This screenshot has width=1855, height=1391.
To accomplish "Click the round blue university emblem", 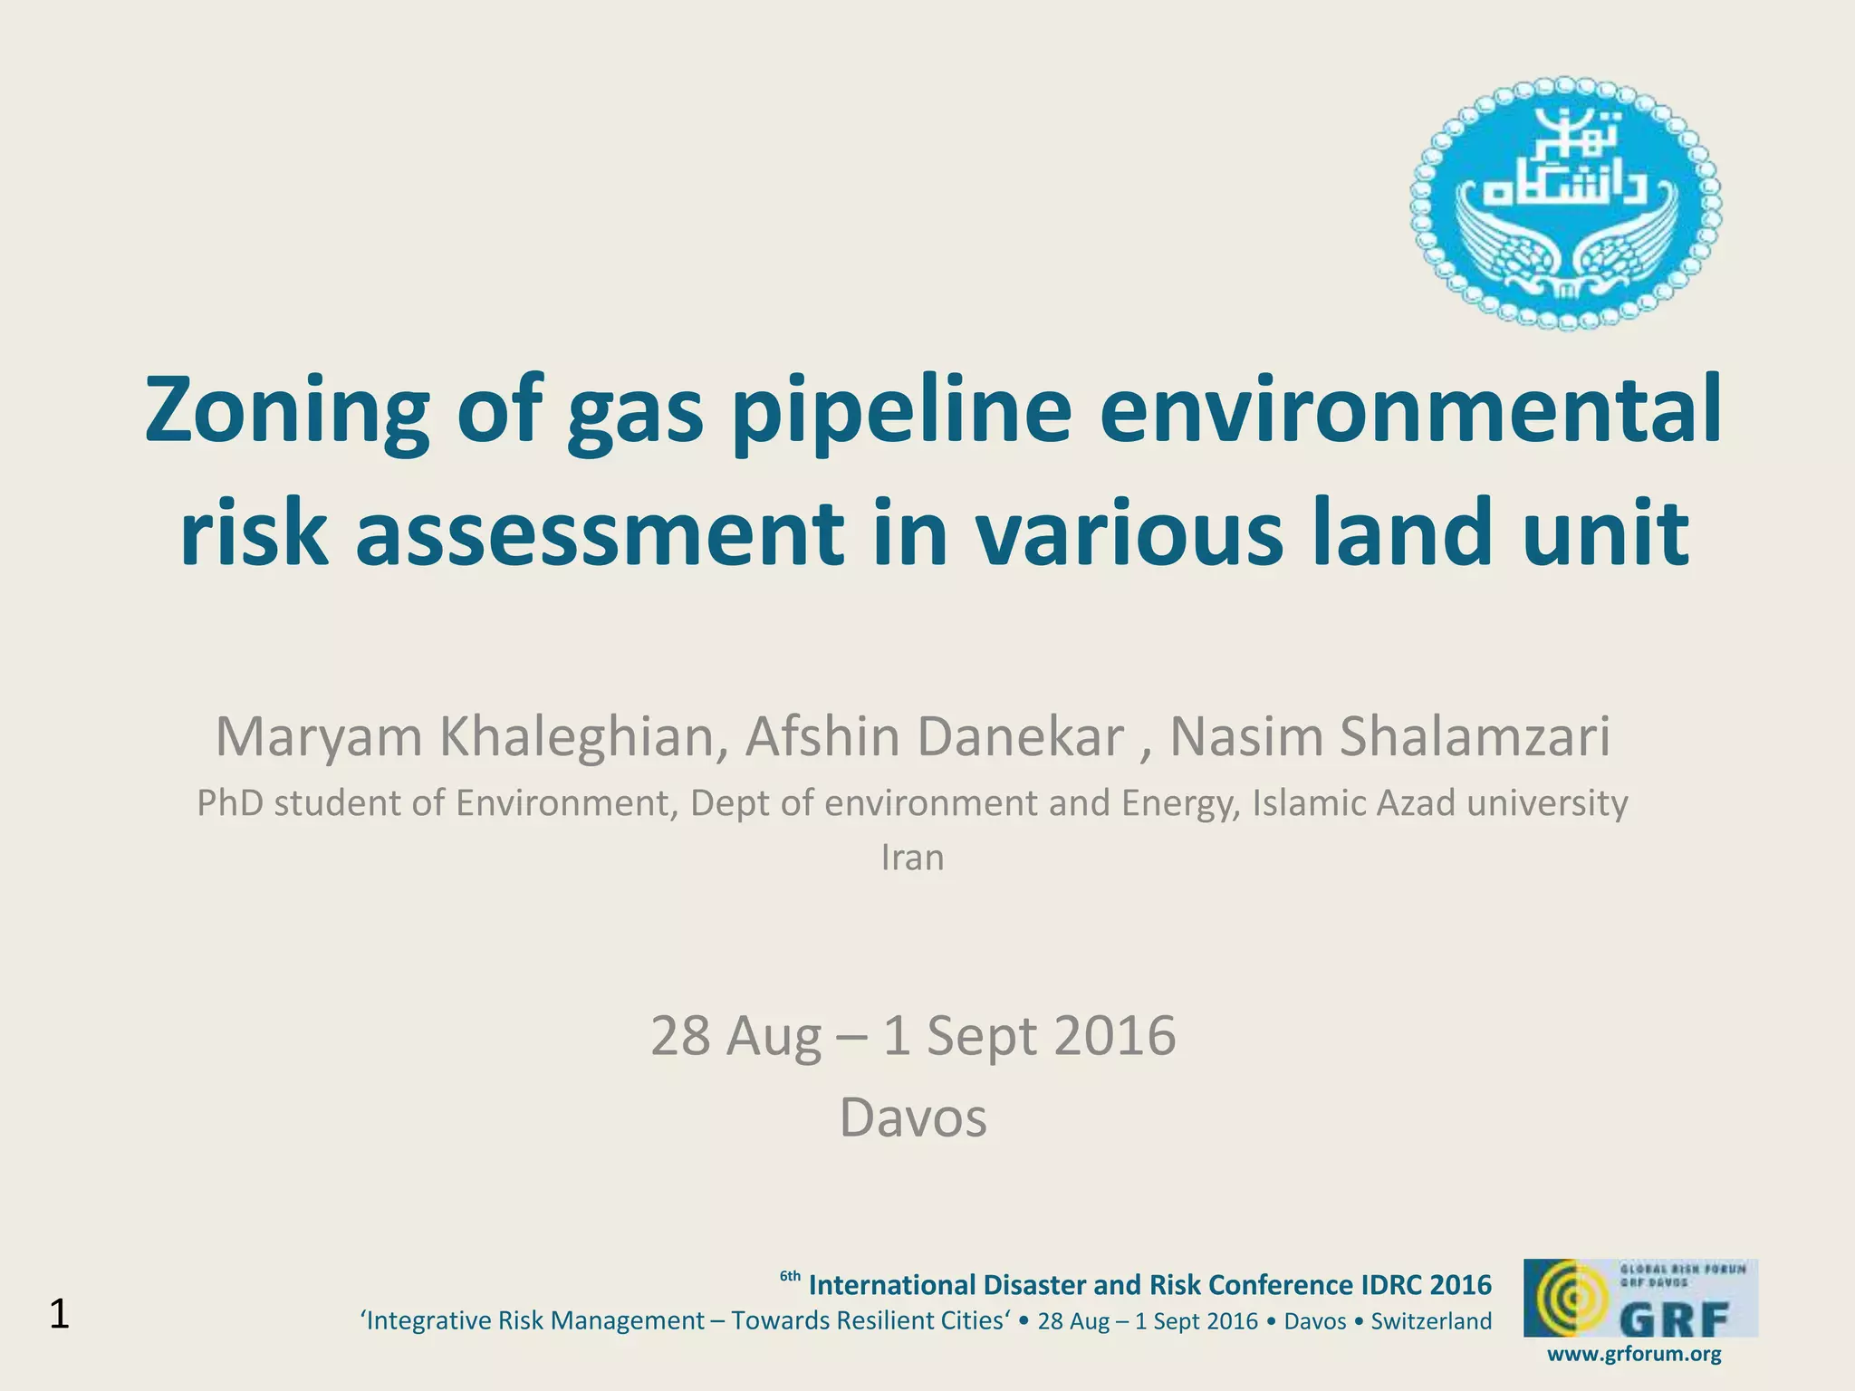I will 1565,203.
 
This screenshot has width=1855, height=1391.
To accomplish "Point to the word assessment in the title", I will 598,532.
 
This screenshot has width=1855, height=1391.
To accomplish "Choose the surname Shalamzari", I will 1475,737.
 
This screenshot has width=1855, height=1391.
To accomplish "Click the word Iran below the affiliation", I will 912,858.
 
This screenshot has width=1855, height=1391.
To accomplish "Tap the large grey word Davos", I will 912,1118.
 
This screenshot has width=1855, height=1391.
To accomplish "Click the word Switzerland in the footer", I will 1431,1321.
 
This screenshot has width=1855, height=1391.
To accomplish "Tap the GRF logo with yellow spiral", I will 1640,1298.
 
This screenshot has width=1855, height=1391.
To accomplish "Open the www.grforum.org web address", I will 1634,1355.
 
